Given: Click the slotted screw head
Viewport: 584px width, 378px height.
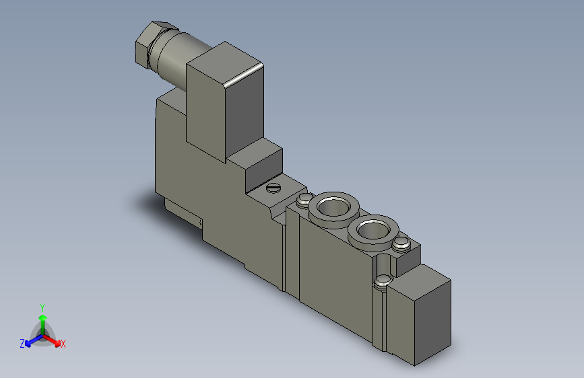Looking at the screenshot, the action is point(273,188).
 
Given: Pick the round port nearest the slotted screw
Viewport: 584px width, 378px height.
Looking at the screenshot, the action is point(333,209).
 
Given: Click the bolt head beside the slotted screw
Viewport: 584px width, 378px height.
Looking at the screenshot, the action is point(304,200).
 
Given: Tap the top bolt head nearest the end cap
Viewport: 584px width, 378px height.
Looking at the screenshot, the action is point(401,244).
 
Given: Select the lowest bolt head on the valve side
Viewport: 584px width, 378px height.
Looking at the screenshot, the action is point(383,281).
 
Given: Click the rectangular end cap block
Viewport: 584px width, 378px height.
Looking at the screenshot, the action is point(418,315).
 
